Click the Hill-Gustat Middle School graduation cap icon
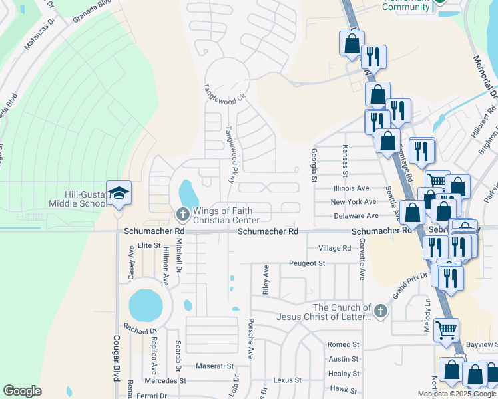(x=119, y=194)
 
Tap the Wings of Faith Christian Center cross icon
(x=182, y=214)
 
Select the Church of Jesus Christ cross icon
(x=379, y=311)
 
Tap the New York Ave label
(x=354, y=202)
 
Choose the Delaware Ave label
(x=356, y=216)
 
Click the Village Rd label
(x=334, y=248)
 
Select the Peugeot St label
(x=306, y=263)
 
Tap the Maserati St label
(x=214, y=366)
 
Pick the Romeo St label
(x=343, y=345)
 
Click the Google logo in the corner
(x=22, y=391)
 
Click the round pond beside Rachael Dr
(x=145, y=305)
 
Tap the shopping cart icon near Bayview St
(x=446, y=329)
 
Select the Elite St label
(x=149, y=245)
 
